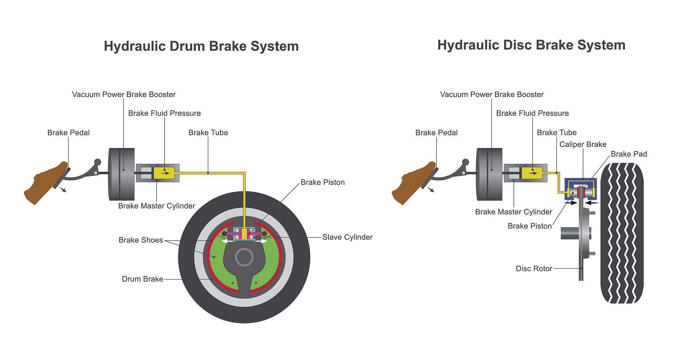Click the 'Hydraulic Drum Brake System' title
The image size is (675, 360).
click(201, 46)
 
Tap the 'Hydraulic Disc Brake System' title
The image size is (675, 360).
click(531, 45)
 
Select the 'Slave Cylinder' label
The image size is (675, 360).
click(347, 237)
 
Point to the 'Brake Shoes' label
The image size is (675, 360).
click(141, 240)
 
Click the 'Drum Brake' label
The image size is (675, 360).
click(142, 279)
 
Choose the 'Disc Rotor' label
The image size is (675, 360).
click(534, 269)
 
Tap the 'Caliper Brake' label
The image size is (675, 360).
click(583, 144)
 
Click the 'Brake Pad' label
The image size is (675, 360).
click(629, 154)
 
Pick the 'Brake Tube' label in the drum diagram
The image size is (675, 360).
click(208, 133)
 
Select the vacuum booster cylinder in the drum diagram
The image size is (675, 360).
click(122, 174)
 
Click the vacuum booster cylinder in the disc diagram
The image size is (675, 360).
click(489, 174)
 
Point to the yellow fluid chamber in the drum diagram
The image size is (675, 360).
click(164, 173)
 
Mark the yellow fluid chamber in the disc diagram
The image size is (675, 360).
click(532, 173)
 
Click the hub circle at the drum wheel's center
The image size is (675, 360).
click(244, 257)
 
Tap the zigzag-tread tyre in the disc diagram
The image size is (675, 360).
click(622, 233)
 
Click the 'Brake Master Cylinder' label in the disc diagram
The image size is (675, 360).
click(513, 212)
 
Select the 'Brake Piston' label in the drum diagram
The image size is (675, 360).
click(322, 182)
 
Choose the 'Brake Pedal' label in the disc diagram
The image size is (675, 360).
click(436, 133)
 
